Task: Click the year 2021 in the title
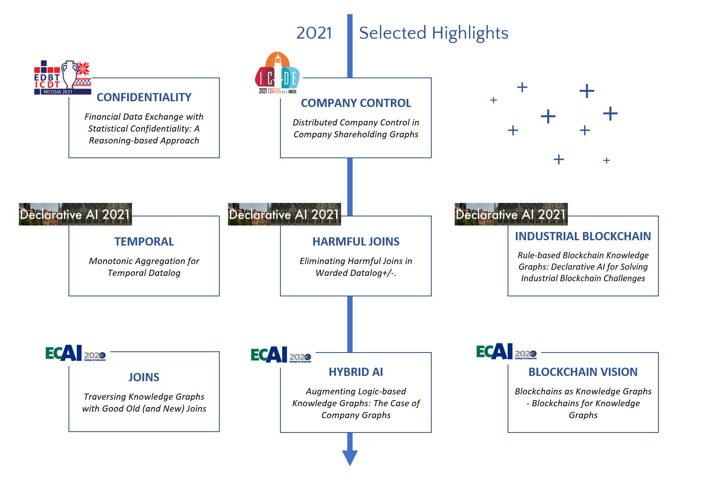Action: (x=314, y=33)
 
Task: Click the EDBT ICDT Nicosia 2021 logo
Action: (x=62, y=78)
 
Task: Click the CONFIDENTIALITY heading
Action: (x=144, y=98)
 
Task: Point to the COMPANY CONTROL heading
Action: (x=356, y=103)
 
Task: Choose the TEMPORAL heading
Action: (x=144, y=242)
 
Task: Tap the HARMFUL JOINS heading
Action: (x=356, y=242)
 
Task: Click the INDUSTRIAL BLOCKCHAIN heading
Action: (x=583, y=237)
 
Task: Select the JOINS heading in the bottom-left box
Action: (x=144, y=378)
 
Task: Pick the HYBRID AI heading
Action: (x=356, y=372)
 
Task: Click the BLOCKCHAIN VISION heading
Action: (x=583, y=372)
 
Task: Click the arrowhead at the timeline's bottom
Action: (x=350, y=457)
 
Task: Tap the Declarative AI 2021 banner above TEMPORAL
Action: (x=75, y=214)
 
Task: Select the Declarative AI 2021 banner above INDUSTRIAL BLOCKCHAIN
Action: (x=511, y=214)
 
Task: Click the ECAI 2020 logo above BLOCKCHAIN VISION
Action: (x=506, y=352)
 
